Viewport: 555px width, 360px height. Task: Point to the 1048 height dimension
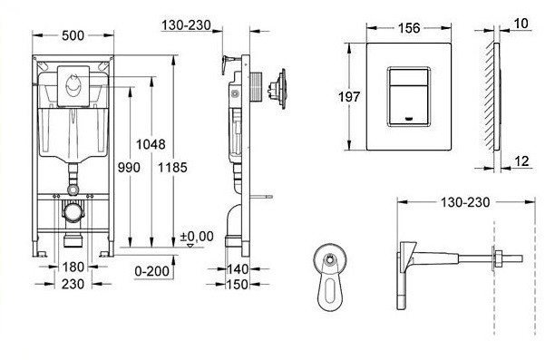coord(150,144)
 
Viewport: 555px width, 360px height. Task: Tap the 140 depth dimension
coord(238,269)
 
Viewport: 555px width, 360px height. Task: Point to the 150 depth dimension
coord(238,284)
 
